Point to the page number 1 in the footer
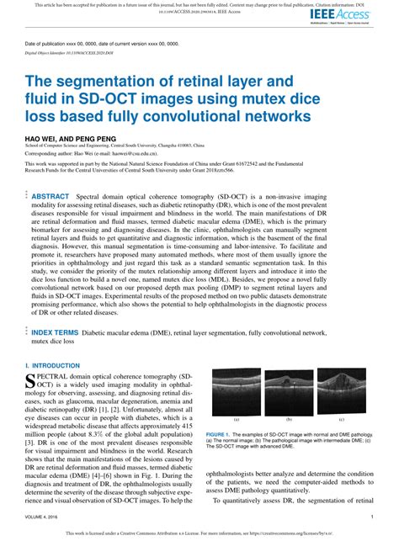coord(372,516)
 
